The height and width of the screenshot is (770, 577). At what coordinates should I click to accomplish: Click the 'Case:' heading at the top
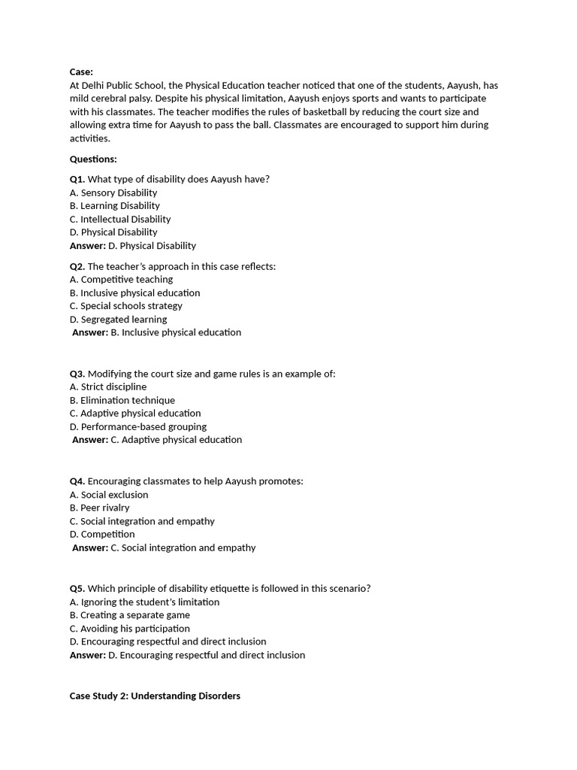pyautogui.click(x=81, y=72)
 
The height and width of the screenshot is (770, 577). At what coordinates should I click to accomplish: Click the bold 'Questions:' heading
pyautogui.click(x=93, y=159)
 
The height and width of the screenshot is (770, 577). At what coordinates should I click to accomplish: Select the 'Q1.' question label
pyautogui.click(x=77, y=179)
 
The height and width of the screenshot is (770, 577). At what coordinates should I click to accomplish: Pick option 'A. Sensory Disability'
pyautogui.click(x=113, y=192)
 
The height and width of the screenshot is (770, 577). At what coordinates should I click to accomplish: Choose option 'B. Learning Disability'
pyautogui.click(x=114, y=205)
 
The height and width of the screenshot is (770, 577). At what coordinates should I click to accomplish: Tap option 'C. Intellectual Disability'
pyautogui.click(x=120, y=219)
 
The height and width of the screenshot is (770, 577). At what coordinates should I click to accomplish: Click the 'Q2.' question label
pyautogui.click(x=77, y=266)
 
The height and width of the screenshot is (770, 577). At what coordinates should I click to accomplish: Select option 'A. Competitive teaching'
pyautogui.click(x=121, y=279)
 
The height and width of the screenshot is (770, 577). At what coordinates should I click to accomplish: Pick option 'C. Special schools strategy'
pyautogui.click(x=125, y=306)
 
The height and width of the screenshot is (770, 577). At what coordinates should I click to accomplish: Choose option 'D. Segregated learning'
pyautogui.click(x=118, y=319)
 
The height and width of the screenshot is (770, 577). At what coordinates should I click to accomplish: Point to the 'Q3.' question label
pyautogui.click(x=77, y=374)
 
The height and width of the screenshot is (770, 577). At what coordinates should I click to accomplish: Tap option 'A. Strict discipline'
pyautogui.click(x=108, y=387)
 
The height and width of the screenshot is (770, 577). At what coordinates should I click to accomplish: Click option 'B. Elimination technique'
pyautogui.click(x=122, y=400)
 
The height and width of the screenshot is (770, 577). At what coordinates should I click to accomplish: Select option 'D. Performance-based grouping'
pyautogui.click(x=137, y=426)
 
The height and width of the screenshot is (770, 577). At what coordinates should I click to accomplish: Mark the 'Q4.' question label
pyautogui.click(x=77, y=481)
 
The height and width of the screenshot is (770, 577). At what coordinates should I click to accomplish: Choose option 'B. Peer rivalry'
pyautogui.click(x=99, y=508)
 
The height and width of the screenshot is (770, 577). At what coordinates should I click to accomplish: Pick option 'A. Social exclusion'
pyautogui.click(x=109, y=495)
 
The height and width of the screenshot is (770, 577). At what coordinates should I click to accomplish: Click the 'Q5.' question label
pyautogui.click(x=77, y=588)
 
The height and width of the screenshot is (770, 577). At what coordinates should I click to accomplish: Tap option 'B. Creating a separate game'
pyautogui.click(x=129, y=615)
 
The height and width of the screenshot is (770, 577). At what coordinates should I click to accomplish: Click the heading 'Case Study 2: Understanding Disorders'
pyautogui.click(x=155, y=696)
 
